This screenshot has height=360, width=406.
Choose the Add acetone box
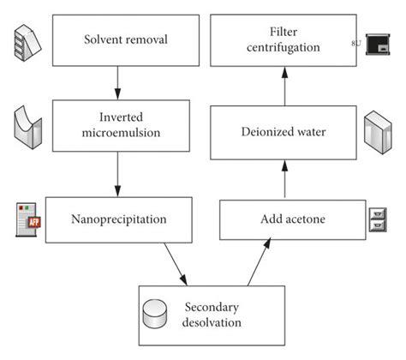[x=286, y=219]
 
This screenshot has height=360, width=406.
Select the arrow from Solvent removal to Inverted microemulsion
[x=116, y=82]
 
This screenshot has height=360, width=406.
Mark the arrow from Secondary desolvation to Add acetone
[x=257, y=261]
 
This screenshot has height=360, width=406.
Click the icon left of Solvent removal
[x=25, y=39]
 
